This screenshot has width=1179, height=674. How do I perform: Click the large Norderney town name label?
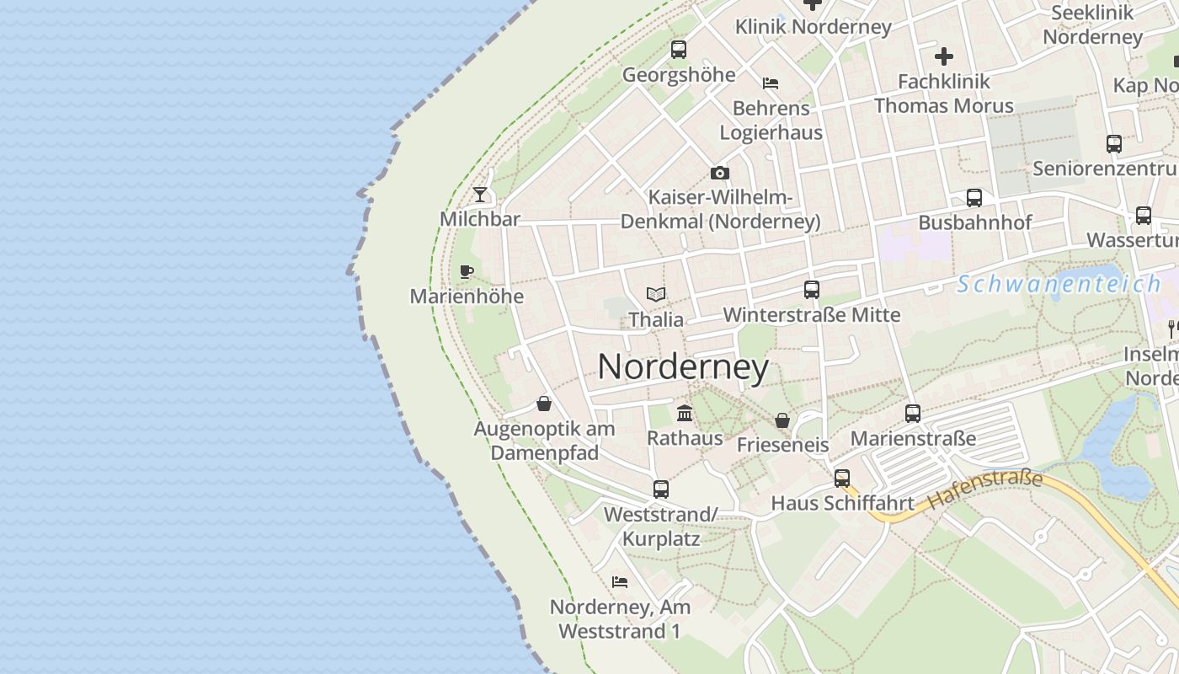[683, 367]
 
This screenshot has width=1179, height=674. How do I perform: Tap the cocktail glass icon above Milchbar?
[480, 195]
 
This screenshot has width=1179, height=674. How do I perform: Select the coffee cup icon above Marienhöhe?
[467, 271]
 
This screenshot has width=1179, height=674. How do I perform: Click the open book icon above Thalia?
[656, 294]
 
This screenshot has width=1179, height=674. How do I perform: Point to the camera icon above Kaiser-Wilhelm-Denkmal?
[720, 173]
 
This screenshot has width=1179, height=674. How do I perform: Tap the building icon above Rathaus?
[685, 413]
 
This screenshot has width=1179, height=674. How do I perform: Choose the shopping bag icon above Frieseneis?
[782, 420]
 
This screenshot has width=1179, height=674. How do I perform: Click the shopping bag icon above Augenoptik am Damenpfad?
[544, 404]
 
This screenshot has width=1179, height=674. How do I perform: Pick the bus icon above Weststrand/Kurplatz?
[661, 489]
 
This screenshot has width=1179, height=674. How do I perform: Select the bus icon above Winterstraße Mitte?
[812, 290]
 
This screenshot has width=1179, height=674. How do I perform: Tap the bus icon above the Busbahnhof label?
[974, 198]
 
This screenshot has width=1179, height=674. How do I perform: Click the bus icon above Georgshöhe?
[679, 50]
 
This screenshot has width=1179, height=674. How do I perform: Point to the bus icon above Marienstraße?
[913, 414]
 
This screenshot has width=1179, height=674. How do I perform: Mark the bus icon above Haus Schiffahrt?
[842, 479]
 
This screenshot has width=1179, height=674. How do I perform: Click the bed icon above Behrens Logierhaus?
[771, 83]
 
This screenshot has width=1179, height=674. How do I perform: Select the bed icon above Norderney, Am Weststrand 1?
[620, 581]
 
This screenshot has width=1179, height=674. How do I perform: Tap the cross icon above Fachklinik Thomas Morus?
[944, 56]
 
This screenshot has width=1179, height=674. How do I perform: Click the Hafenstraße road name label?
[985, 490]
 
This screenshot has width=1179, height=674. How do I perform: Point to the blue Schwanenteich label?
[1059, 284]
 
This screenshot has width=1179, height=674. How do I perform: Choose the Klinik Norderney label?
[813, 27]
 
